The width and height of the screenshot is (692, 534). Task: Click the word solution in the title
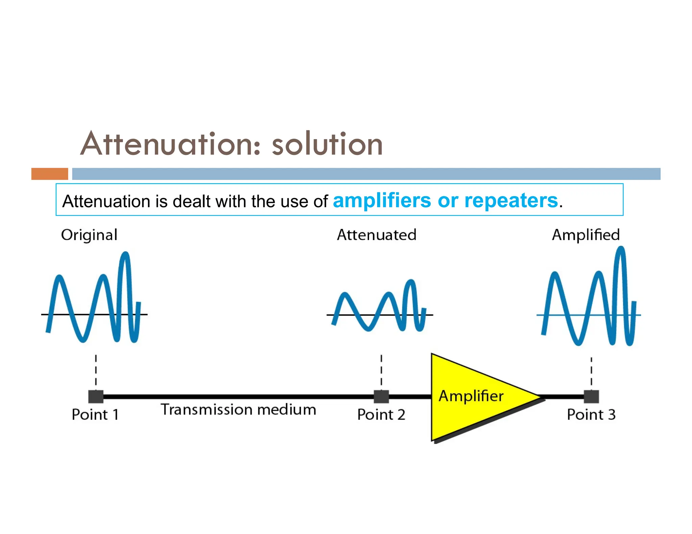pyautogui.click(x=327, y=144)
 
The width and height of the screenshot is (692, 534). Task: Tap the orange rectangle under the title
pyautogui.click(x=50, y=174)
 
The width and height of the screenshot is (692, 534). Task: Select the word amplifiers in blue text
pyautogui.click(x=382, y=201)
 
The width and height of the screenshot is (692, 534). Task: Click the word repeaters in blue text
pyautogui.click(x=511, y=201)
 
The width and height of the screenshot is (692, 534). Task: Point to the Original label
pyautogui.click(x=89, y=235)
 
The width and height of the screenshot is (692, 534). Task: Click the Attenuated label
pyautogui.click(x=376, y=235)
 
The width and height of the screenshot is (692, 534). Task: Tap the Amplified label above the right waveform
pyautogui.click(x=586, y=235)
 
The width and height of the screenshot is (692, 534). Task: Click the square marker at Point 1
pyautogui.click(x=96, y=397)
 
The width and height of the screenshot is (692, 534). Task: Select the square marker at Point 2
pyautogui.click(x=381, y=397)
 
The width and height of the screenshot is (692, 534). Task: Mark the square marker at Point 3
pyautogui.click(x=591, y=397)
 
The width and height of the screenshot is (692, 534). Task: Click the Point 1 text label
pyautogui.click(x=95, y=415)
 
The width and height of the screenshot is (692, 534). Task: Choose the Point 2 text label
pyautogui.click(x=381, y=415)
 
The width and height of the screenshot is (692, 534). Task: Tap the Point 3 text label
pyautogui.click(x=591, y=415)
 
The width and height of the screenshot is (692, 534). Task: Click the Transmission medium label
pyautogui.click(x=239, y=410)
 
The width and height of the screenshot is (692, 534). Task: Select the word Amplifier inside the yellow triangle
pyautogui.click(x=471, y=396)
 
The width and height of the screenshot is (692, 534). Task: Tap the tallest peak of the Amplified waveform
pyautogui.click(x=621, y=248)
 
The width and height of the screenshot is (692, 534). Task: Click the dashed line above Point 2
pyautogui.click(x=381, y=370)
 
